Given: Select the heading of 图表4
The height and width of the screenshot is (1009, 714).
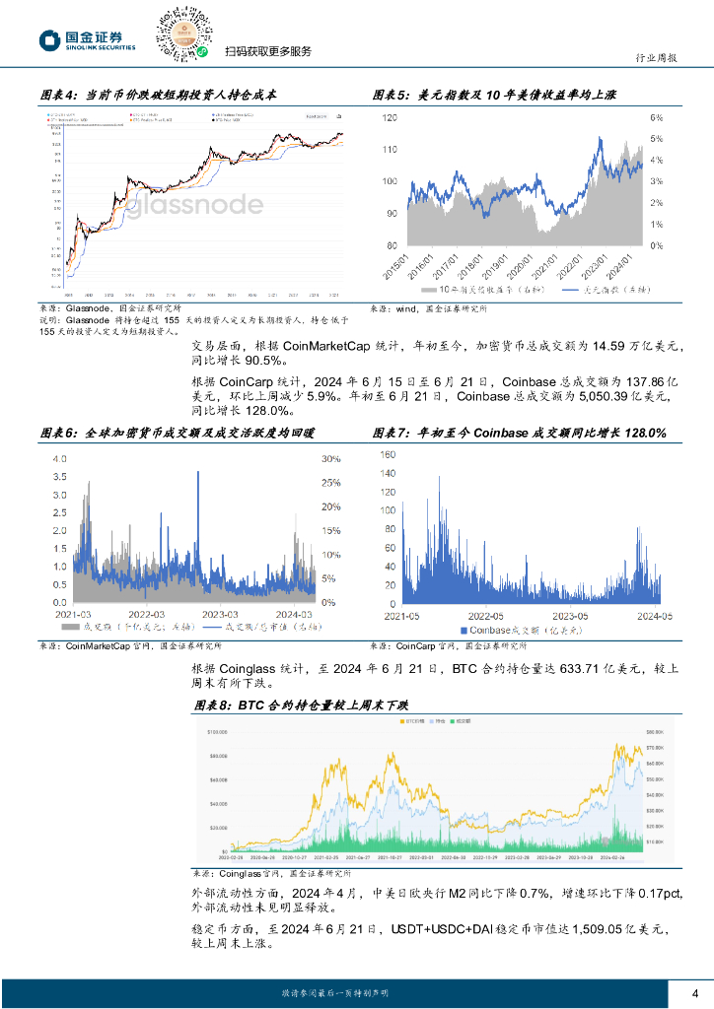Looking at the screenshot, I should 158,96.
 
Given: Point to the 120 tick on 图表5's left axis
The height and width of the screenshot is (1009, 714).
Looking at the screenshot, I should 389,117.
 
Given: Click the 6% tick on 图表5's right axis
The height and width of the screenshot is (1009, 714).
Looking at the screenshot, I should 656,117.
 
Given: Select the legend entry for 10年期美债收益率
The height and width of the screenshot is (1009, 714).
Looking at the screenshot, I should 470,292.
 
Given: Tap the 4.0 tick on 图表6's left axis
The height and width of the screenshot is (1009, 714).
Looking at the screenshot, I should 59,459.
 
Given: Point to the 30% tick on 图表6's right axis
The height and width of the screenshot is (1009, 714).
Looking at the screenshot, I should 330,459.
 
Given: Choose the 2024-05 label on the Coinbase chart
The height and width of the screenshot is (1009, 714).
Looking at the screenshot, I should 654,616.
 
